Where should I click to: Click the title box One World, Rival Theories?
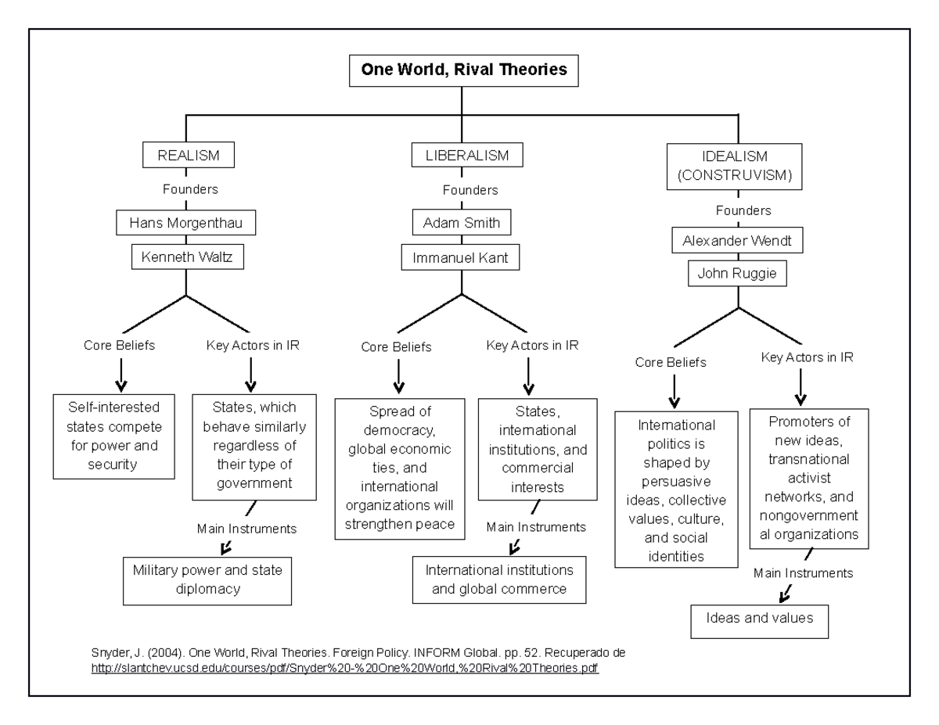464,70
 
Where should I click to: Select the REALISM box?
189,155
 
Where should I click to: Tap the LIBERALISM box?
467,155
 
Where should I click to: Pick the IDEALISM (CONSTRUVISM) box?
734,167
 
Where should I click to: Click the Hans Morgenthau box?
185,222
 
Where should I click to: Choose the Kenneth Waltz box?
188,257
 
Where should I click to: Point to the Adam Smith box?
462,222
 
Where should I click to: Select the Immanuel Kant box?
460,257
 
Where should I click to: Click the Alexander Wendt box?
737,240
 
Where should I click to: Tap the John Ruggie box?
737,273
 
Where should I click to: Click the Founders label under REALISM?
190,189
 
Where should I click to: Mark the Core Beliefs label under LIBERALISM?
396,346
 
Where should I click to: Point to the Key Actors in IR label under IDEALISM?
808,357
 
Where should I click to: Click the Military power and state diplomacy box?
207,581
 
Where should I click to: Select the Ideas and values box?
760,621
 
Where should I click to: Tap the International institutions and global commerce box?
499,580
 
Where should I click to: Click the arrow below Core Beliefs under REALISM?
121,375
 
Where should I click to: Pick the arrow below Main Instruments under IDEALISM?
786,594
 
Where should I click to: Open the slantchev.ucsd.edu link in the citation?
345,668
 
